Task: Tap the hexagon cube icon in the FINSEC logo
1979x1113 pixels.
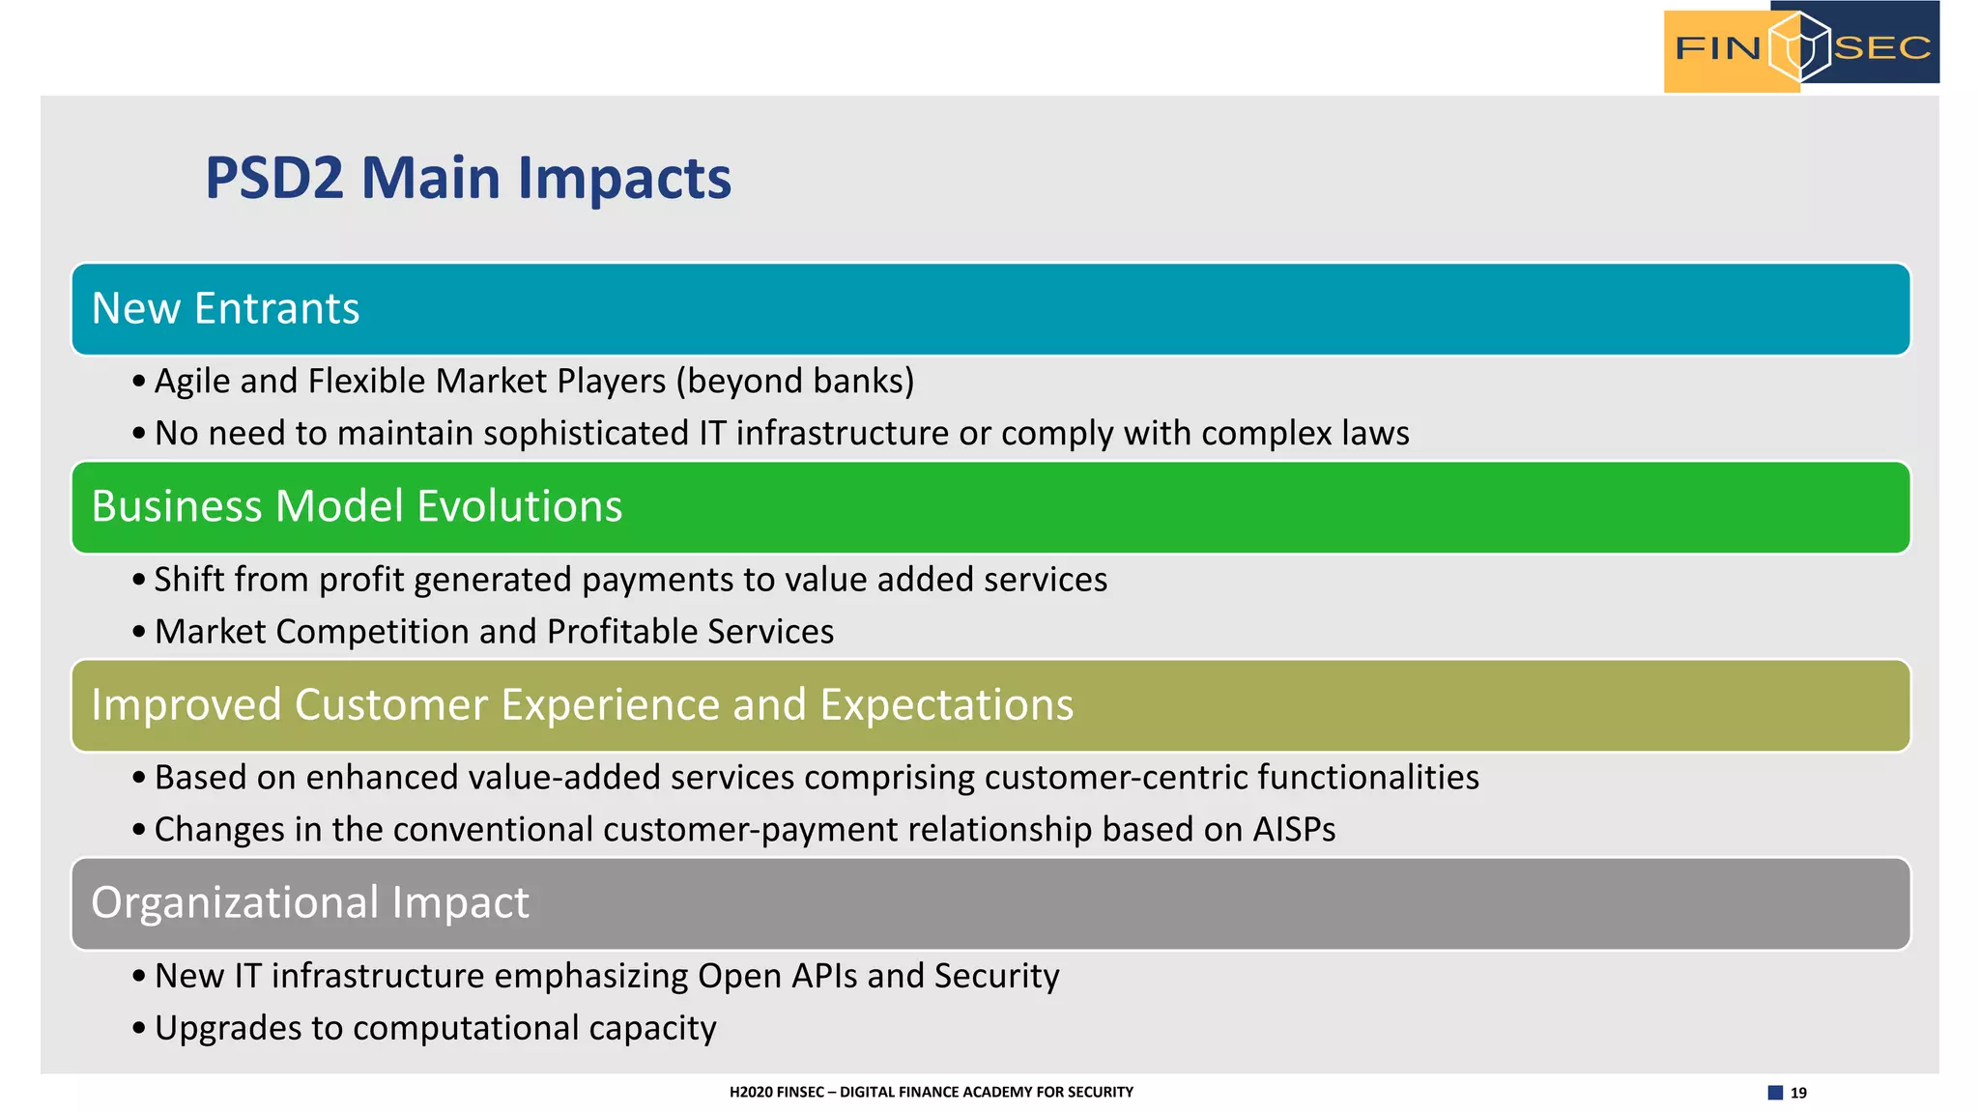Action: [x=1799, y=46]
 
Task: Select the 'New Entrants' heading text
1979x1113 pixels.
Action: [x=225, y=309]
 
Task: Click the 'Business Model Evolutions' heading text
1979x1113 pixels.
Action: [x=357, y=507]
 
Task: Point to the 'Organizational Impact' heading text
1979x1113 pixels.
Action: [x=309, y=903]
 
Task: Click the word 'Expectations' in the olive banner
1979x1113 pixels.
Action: [x=946, y=705]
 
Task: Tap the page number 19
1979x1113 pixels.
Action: [x=1798, y=1093]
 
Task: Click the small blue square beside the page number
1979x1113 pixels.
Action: [x=1775, y=1093]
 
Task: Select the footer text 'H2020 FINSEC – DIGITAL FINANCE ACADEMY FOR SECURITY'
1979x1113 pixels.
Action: [x=931, y=1092]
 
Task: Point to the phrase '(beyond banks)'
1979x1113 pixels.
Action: [x=794, y=382]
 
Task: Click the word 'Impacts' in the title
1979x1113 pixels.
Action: [x=624, y=179]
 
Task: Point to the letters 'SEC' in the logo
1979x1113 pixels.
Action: [x=1881, y=47]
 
